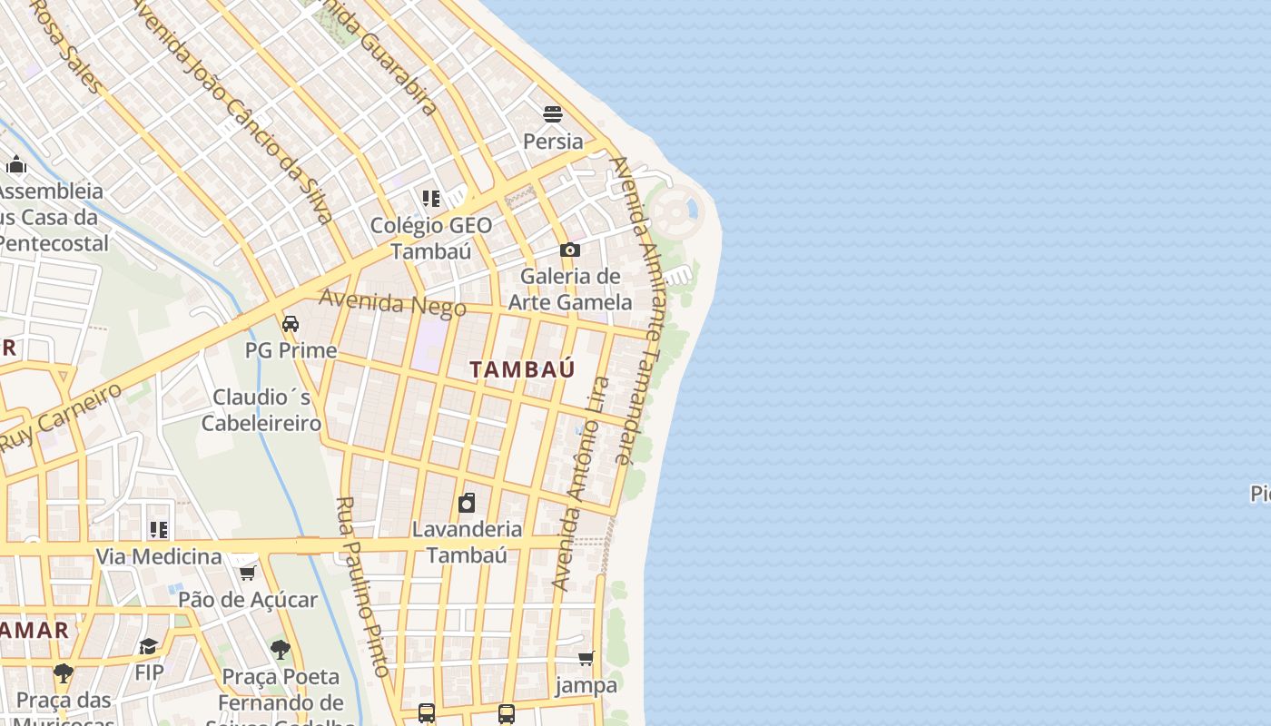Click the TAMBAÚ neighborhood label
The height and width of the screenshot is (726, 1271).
[x=522, y=369]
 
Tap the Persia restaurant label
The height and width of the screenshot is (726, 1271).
[x=553, y=142]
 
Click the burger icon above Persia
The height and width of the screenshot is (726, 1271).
[x=553, y=113]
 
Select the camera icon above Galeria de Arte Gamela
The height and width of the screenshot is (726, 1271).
[x=569, y=250]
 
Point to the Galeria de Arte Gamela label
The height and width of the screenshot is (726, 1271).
[x=569, y=289]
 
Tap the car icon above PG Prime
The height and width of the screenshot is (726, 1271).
[x=291, y=323]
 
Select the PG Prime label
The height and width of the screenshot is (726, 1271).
[x=291, y=350]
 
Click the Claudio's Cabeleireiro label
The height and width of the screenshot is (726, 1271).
[x=261, y=410]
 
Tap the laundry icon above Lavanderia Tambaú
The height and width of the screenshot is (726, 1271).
[x=467, y=502]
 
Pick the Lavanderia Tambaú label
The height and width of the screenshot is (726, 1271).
[x=467, y=542]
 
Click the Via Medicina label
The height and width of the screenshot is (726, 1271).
[x=159, y=556]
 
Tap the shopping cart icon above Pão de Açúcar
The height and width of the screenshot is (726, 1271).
[x=247, y=573]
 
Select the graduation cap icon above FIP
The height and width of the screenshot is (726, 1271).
[x=148, y=646]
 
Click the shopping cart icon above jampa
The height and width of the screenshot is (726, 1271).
[x=586, y=658]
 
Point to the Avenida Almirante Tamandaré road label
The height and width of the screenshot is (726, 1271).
[x=641, y=309]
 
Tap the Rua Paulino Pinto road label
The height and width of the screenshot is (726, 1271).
[x=362, y=586]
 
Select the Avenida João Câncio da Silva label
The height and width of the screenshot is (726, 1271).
[x=232, y=109]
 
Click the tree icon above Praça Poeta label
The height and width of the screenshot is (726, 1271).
[x=280, y=650]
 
